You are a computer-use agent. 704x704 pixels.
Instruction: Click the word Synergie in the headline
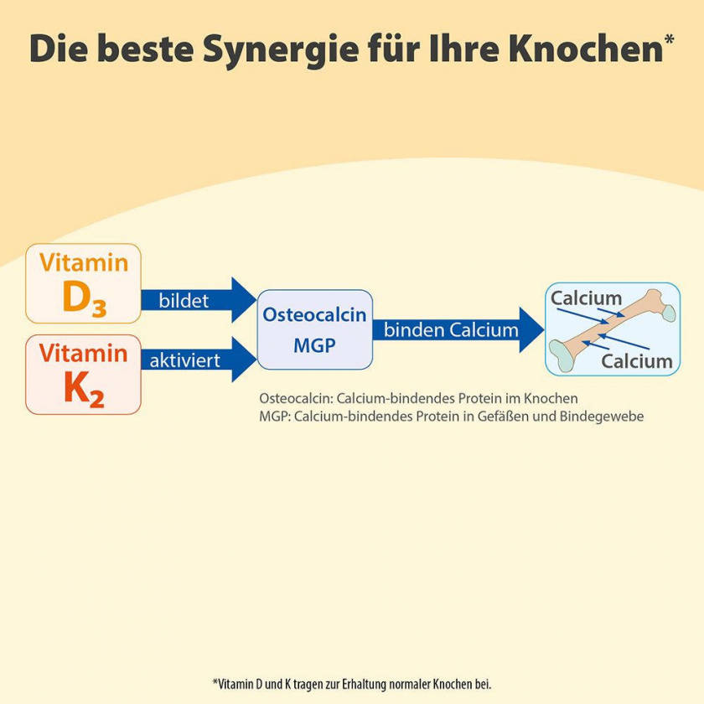[281, 49]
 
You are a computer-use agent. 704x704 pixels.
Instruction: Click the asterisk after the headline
[669, 39]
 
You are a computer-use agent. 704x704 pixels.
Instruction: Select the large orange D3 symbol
[85, 298]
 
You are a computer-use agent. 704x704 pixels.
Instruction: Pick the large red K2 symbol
[84, 391]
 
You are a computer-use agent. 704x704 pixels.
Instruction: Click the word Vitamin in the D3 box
[84, 262]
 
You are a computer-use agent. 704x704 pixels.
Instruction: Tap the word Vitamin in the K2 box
[84, 353]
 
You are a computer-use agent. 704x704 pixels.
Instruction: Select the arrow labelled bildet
[199, 300]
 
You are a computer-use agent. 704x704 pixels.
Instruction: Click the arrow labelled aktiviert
[199, 360]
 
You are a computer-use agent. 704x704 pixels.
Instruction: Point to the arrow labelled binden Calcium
[458, 330]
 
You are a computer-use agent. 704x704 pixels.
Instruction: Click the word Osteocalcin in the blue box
[315, 315]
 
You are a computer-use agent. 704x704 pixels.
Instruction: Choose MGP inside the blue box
[315, 345]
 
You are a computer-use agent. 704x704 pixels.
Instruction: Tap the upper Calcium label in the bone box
[587, 298]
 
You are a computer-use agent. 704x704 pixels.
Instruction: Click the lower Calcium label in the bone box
[637, 361]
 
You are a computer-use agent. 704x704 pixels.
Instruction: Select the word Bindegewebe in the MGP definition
[602, 417]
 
